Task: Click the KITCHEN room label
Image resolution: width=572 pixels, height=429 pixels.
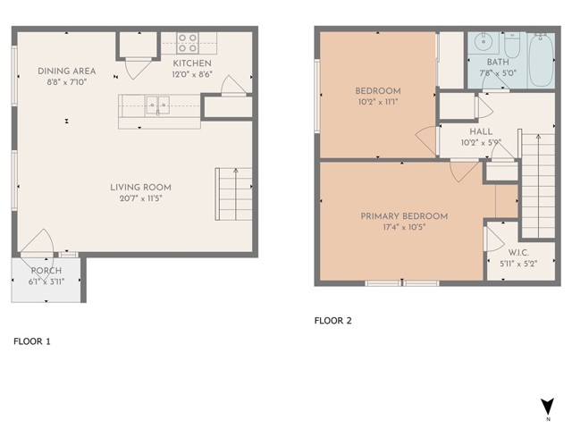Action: (192, 63)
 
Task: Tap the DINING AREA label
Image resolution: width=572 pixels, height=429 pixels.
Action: (67, 71)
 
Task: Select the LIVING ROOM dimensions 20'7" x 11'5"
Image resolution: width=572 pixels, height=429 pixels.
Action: (141, 198)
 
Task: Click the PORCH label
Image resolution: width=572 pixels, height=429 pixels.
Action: (46, 271)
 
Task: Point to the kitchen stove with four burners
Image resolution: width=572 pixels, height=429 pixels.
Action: (188, 43)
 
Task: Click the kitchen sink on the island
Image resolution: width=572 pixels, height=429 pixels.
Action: (157, 105)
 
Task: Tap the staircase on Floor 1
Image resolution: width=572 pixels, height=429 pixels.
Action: (234, 194)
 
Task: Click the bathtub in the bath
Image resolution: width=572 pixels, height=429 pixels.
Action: (541, 60)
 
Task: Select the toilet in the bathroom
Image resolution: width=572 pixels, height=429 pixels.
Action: (512, 46)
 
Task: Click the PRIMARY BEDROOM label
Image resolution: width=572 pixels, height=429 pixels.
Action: (404, 216)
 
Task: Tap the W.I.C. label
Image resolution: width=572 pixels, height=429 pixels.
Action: (518, 252)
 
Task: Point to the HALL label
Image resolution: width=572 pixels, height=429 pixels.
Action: (481, 131)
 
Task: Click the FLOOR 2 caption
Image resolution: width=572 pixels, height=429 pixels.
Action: (333, 321)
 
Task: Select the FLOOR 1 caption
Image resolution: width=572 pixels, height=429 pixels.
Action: (32, 341)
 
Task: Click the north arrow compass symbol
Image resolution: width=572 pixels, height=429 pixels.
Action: (548, 406)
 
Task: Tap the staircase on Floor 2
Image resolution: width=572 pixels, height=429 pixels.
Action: (538, 186)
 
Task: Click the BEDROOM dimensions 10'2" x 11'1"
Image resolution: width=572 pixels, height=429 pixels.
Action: (378, 102)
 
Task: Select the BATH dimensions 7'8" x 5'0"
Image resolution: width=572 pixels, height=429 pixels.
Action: (498, 73)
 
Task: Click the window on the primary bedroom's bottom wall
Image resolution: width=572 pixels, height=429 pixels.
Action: (402, 283)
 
